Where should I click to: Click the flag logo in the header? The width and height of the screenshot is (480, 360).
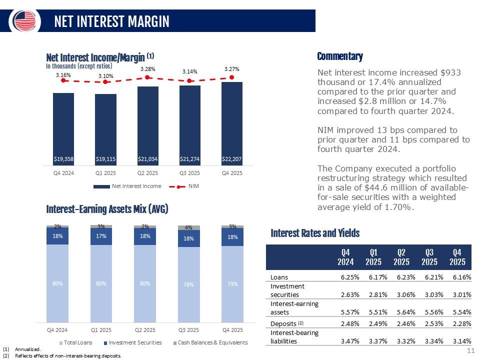tap(24, 21)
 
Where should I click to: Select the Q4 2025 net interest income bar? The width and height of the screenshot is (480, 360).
tap(231, 123)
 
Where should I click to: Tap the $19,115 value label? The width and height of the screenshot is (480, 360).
tap(105, 159)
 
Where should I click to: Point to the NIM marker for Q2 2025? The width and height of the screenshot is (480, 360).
tap(147, 77)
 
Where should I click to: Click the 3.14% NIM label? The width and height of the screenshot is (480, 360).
tap(190, 71)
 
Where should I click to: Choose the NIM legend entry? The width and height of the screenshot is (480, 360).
tap(184, 186)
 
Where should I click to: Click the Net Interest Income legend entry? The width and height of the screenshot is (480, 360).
tap(127, 186)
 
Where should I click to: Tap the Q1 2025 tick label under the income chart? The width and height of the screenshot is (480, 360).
tap(105, 173)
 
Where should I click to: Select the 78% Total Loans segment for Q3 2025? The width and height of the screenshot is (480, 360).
tap(189, 284)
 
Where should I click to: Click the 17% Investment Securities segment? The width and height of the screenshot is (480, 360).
tap(101, 236)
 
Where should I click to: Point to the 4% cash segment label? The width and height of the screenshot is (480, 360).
tap(188, 227)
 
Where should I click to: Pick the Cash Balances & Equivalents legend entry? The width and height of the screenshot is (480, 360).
tap(210, 342)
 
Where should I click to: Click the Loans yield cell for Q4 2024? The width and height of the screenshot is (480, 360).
tap(350, 277)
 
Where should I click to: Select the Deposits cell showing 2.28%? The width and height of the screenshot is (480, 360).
tap(462, 323)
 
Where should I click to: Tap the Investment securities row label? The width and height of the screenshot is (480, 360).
tap(287, 290)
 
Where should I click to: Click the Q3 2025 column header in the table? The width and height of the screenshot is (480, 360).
tap(429, 257)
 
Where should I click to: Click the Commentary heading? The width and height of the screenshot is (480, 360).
tap(340, 56)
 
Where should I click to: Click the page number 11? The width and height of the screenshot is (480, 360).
tap(471, 350)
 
